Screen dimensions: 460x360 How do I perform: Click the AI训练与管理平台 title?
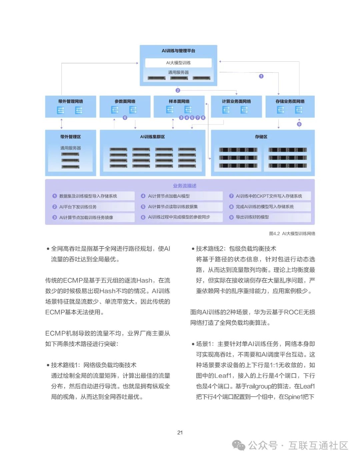point(178,51)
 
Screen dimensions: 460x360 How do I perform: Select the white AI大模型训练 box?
point(178,63)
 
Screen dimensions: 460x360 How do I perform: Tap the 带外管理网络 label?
point(70,101)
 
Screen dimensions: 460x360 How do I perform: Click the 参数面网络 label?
point(125,101)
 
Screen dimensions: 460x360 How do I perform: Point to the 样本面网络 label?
point(179,101)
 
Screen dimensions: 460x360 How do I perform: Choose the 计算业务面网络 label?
point(236,101)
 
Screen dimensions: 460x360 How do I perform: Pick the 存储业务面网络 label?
point(290,101)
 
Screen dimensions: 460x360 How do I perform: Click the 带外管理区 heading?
point(70,137)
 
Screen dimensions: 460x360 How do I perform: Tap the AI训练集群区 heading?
point(152,137)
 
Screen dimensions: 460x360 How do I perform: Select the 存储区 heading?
point(261,137)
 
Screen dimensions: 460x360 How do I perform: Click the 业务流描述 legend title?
point(185,186)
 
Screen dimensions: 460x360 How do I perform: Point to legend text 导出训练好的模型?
point(252,217)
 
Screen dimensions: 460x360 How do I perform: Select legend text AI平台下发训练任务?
point(78,207)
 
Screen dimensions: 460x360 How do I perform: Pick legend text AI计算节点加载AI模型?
point(169,196)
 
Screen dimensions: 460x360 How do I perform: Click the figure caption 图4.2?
point(274,233)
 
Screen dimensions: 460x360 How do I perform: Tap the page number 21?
point(180,432)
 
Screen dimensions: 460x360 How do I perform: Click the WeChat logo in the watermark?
point(239,445)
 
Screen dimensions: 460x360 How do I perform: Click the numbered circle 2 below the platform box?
point(178,90)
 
